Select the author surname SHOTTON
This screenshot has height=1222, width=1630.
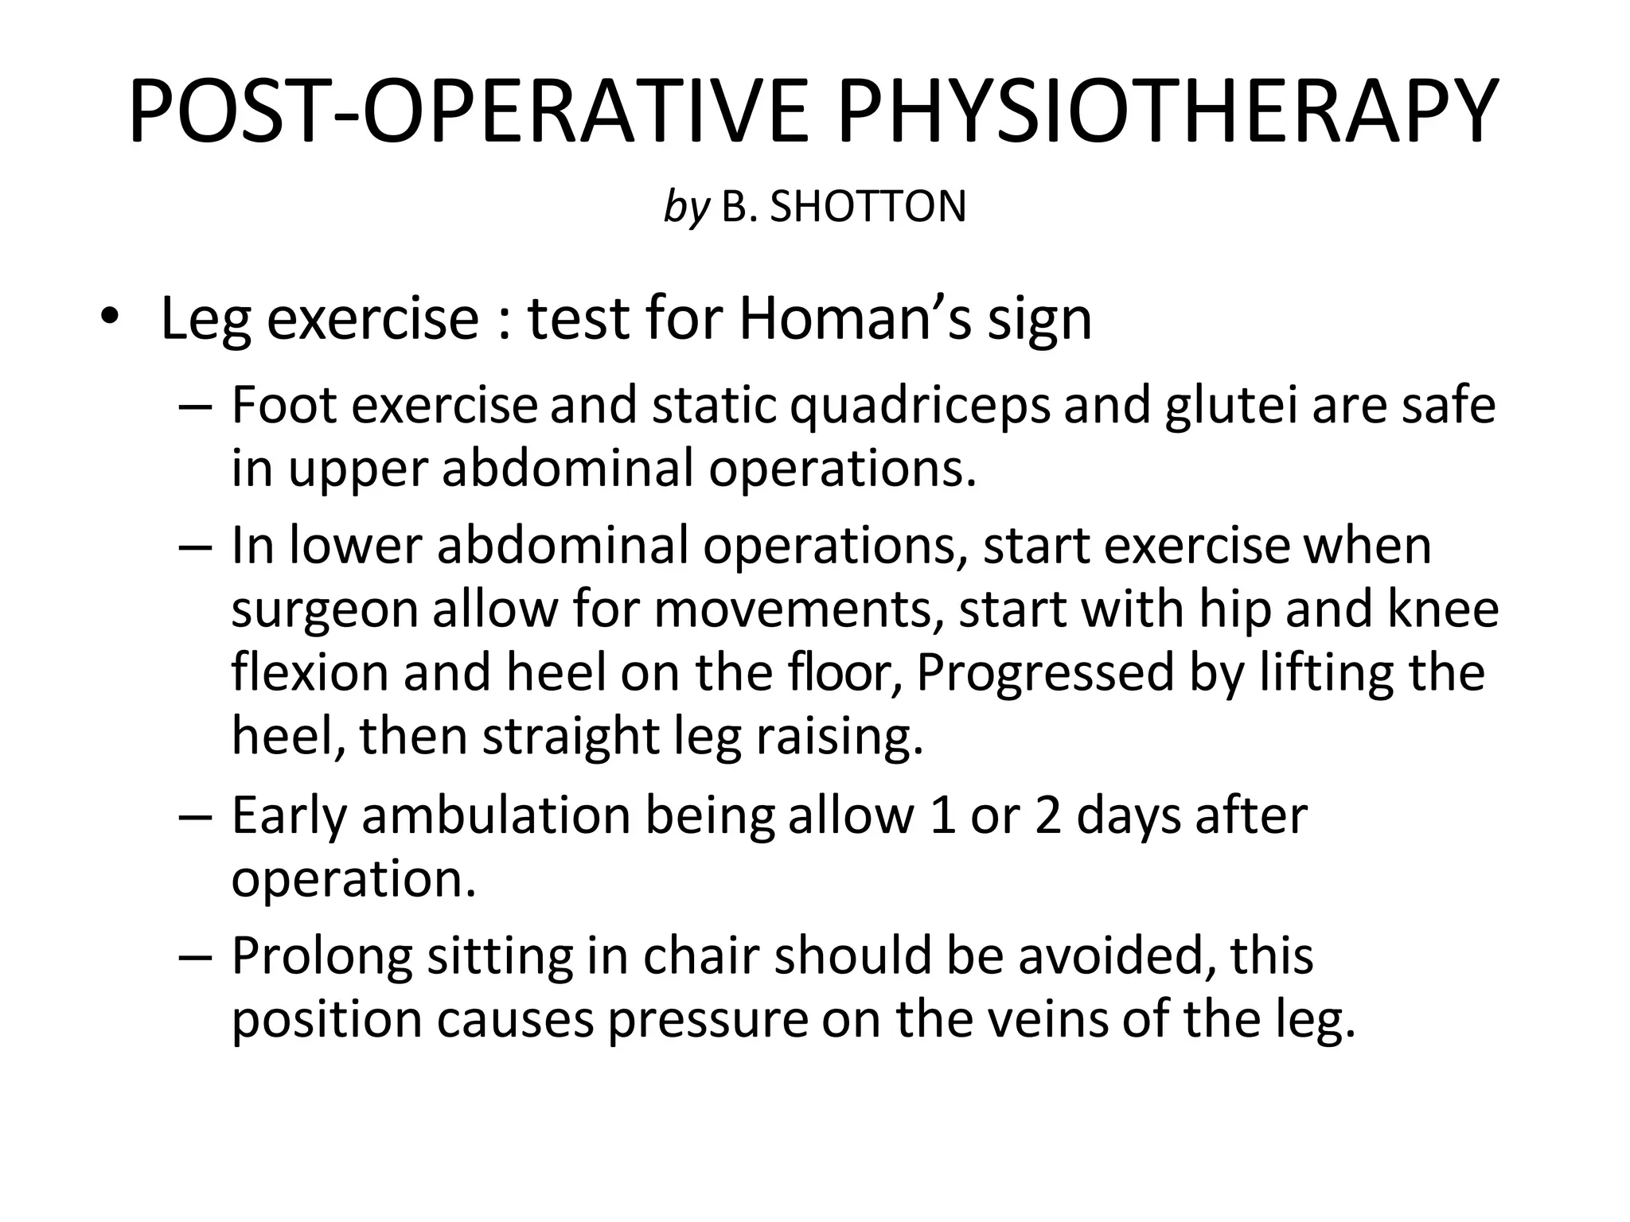[868, 207]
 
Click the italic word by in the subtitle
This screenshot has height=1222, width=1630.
[685, 208]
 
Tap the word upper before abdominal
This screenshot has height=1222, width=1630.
[357, 469]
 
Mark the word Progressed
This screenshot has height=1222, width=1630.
[1045, 672]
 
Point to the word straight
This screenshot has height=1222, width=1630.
[571, 736]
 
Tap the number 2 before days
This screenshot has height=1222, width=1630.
[1048, 815]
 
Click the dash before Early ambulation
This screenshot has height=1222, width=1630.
[196, 817]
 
